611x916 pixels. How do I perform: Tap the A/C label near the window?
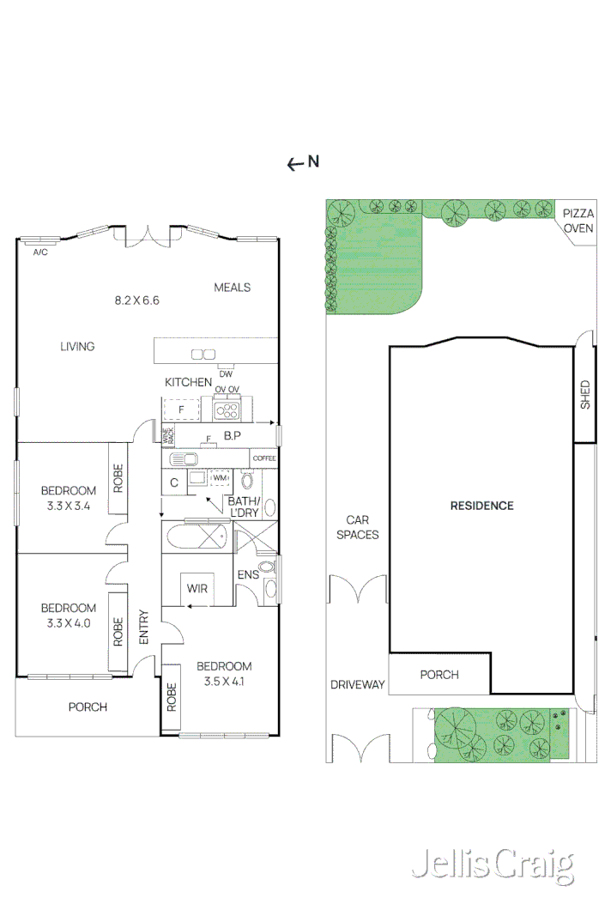[x=39, y=252]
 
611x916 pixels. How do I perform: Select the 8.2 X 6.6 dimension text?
[x=137, y=300]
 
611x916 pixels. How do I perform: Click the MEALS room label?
[x=232, y=287]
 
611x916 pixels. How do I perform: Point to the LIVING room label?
[x=77, y=347]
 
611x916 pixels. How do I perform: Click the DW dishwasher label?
[x=226, y=373]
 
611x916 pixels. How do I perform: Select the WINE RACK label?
[x=168, y=435]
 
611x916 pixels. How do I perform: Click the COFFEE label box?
[x=264, y=459]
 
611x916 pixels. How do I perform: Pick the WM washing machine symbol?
[x=220, y=478]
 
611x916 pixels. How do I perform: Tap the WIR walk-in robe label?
[x=197, y=589]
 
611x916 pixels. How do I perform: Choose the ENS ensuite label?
[x=248, y=574]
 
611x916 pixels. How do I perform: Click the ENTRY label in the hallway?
[x=143, y=628]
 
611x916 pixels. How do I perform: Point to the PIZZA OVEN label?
[x=578, y=220]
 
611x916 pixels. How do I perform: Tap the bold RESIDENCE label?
[x=481, y=506]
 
